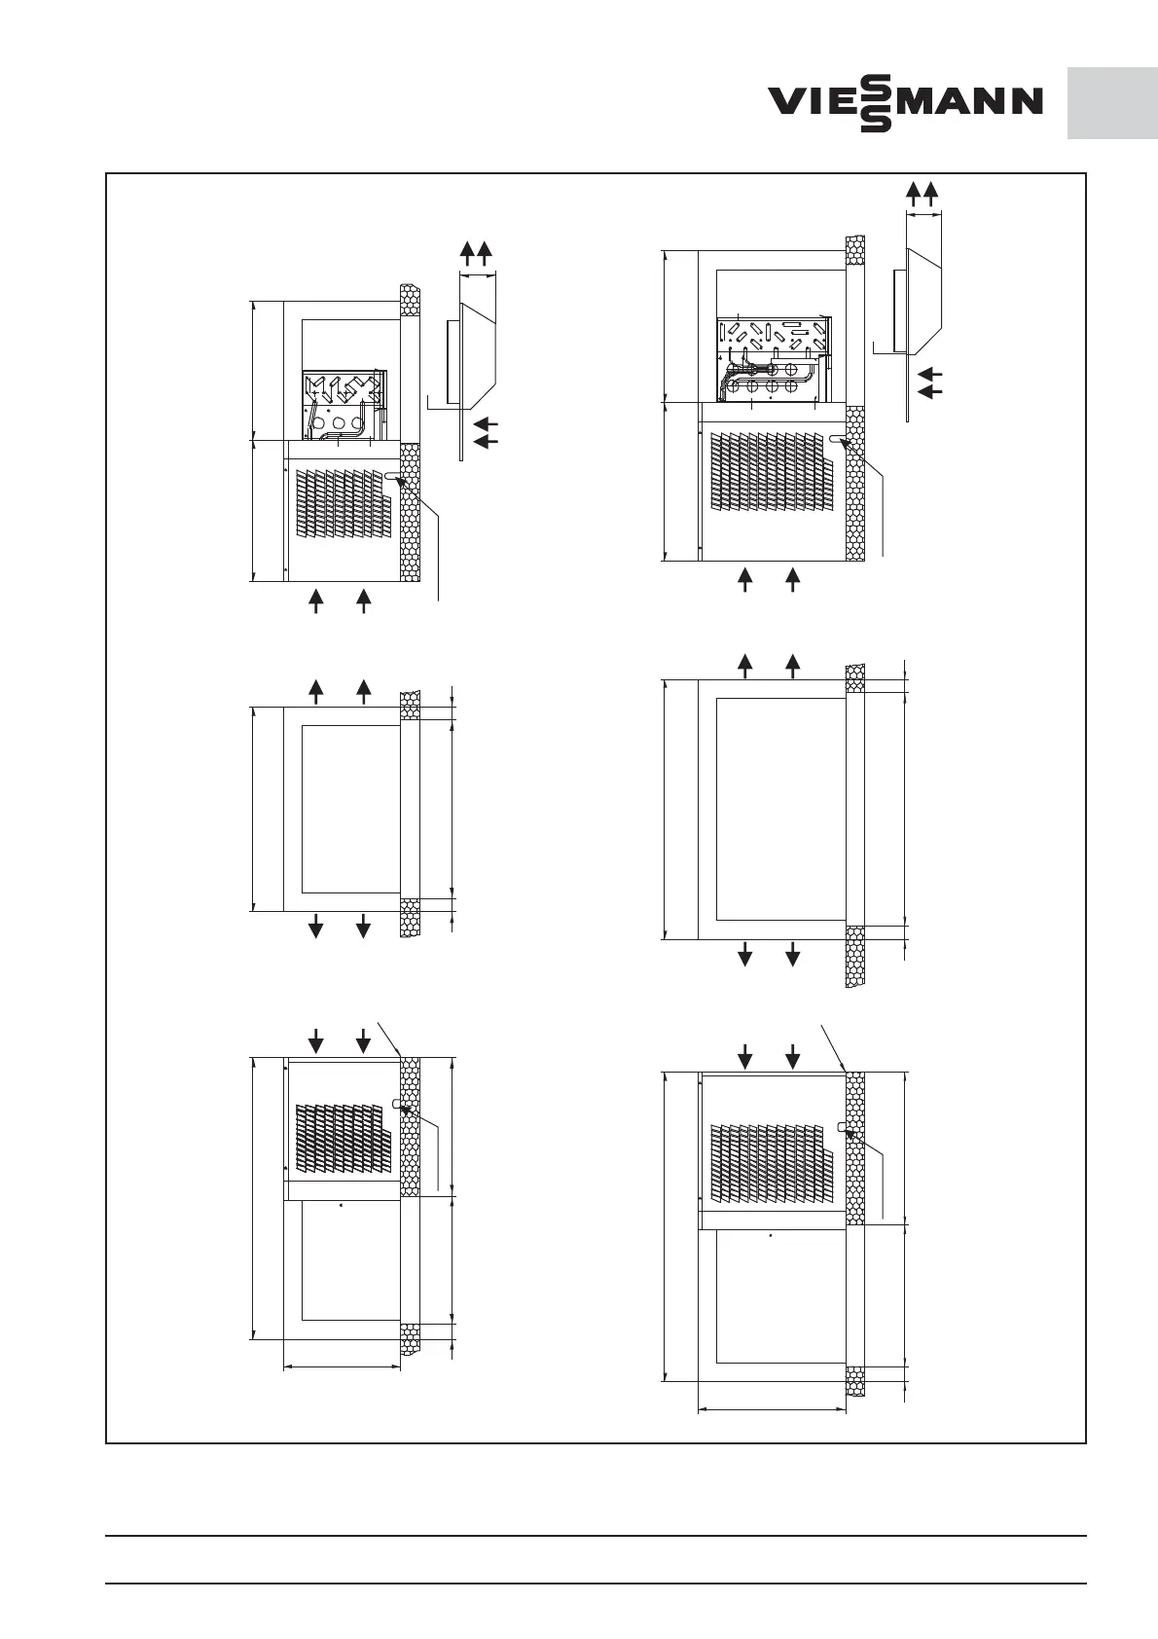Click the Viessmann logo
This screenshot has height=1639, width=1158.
click(x=905, y=101)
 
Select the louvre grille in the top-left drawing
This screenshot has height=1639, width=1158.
click(x=342, y=502)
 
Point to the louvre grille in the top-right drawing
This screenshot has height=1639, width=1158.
click(x=771, y=472)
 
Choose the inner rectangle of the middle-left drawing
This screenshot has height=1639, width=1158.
click(x=350, y=809)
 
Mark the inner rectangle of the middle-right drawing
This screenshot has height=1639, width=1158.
click(x=780, y=809)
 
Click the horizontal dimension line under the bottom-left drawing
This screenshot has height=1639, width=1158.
click(x=342, y=1367)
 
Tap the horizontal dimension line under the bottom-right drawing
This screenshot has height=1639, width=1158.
click(x=772, y=1409)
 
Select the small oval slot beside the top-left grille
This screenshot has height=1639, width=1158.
click(x=392, y=476)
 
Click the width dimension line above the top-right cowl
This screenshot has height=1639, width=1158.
click(x=923, y=215)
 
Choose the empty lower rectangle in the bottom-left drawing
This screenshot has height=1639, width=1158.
click(x=350, y=1261)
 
